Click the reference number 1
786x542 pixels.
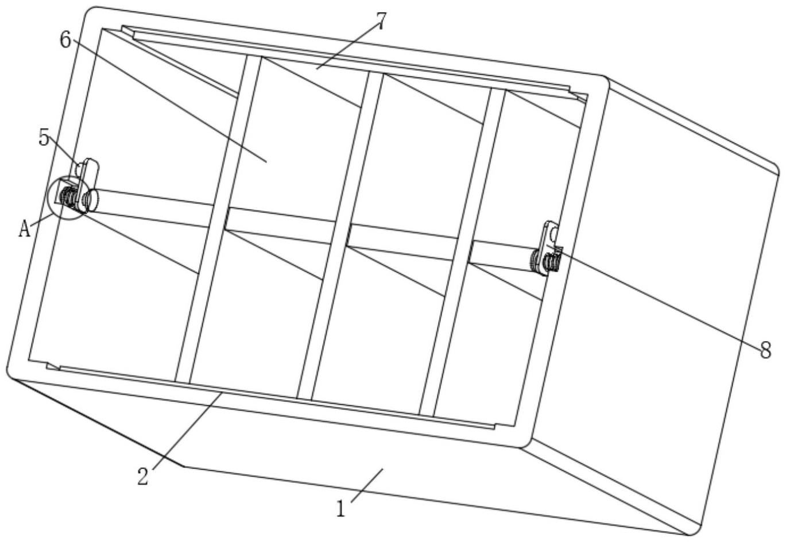click(x=341, y=508)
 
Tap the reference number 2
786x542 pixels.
click(x=143, y=475)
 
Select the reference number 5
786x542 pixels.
click(x=44, y=138)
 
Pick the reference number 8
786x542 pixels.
click(x=766, y=350)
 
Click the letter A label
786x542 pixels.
click(x=24, y=229)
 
